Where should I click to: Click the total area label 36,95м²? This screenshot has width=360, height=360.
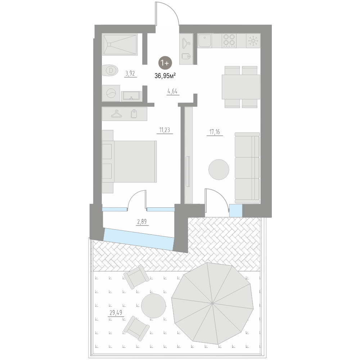[165, 76]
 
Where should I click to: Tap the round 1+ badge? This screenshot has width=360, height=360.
[166, 63]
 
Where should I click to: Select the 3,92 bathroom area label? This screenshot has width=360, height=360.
[130, 74]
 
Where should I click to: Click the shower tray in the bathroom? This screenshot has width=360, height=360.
[120, 45]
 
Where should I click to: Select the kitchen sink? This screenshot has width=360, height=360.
[204, 41]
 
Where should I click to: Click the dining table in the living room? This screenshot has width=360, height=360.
[241, 87]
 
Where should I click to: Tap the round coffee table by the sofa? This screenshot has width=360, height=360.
[219, 169]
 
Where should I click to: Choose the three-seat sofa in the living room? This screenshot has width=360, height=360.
[247, 167]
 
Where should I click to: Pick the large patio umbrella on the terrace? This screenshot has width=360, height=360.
[212, 303]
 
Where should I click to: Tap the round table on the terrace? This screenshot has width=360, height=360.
[153, 306]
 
